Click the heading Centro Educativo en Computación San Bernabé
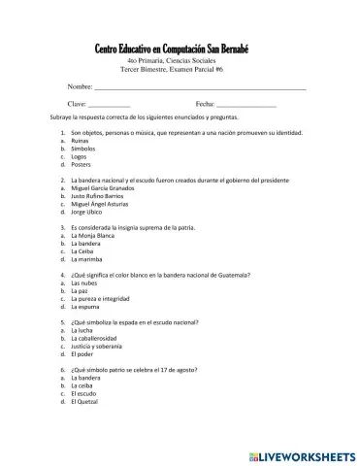[x=180, y=50]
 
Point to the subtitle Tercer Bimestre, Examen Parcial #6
[x=180, y=71]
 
